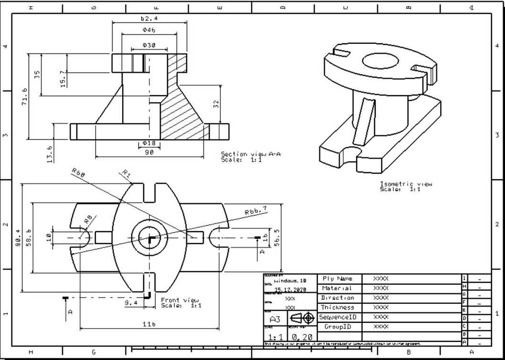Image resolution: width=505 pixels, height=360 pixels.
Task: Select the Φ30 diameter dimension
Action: point(149,45)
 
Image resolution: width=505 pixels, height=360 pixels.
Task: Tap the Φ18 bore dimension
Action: point(149,142)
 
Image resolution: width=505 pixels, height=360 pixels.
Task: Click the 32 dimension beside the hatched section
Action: point(216,104)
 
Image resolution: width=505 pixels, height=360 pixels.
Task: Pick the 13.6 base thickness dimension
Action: point(49,153)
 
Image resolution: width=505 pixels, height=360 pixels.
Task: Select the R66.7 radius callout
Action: point(256,211)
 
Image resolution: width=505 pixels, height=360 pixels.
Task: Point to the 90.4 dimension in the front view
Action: point(18,238)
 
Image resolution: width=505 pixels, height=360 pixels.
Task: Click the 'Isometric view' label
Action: point(406,184)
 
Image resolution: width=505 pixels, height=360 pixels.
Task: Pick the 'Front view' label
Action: point(180,300)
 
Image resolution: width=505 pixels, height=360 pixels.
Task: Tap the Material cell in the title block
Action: point(337,288)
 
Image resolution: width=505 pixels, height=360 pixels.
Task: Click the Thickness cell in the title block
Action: point(337,307)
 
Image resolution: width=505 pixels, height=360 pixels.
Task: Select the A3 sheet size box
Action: point(275,319)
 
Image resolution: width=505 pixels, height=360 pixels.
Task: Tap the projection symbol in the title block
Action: point(301,318)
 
